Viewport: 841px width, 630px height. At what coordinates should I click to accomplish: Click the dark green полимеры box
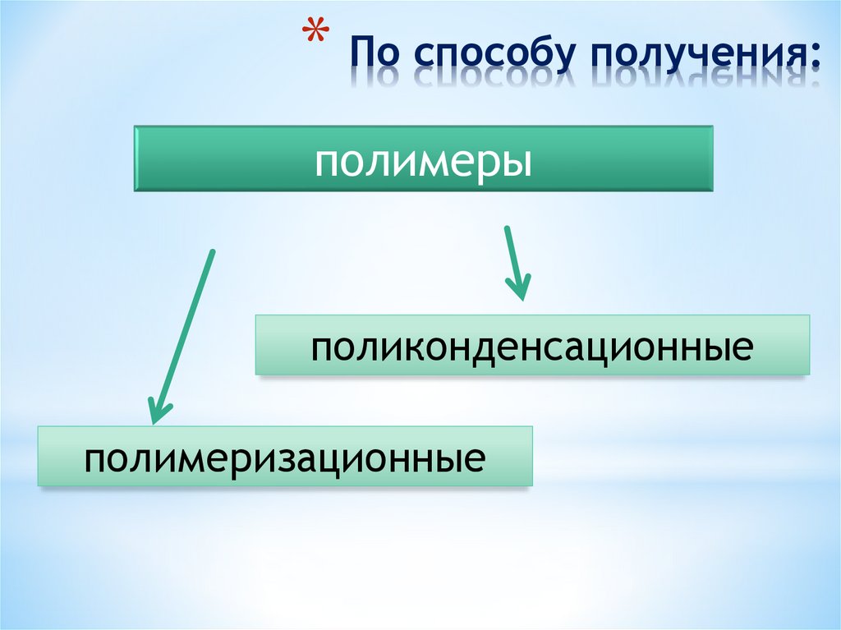(x=423, y=159)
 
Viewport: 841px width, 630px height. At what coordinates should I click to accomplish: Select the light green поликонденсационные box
(x=532, y=345)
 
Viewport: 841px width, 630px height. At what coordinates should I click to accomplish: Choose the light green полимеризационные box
(x=285, y=455)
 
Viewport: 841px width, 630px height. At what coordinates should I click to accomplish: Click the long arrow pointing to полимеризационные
(x=183, y=337)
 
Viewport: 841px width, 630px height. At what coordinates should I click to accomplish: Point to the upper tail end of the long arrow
(x=212, y=251)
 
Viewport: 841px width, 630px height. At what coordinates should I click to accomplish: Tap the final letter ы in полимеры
(x=517, y=162)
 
